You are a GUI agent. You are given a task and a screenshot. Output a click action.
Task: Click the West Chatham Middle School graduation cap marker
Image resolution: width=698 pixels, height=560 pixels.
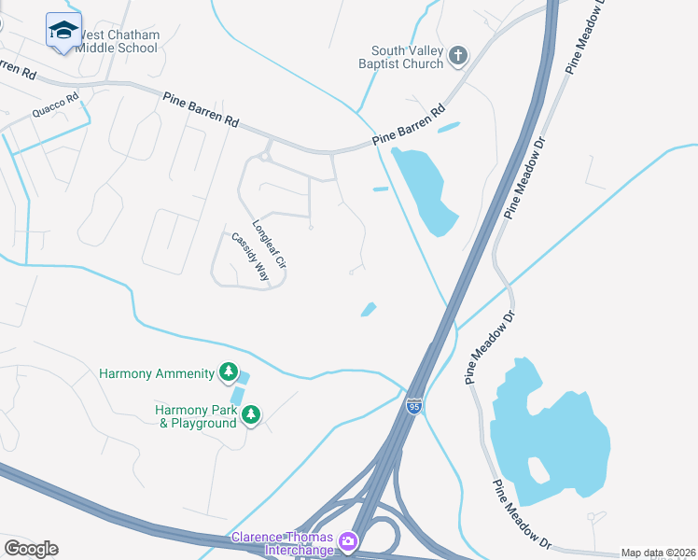tap(63, 31)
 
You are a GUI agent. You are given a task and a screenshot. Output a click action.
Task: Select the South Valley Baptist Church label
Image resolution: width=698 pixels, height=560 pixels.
tap(407, 58)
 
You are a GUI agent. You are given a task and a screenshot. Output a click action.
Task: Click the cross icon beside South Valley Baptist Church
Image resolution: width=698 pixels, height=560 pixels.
tap(457, 56)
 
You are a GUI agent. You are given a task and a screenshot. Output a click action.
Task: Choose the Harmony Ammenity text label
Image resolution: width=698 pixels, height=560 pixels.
tap(157, 374)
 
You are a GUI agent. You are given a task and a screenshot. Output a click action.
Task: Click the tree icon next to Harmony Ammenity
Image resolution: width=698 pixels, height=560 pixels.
tap(228, 373)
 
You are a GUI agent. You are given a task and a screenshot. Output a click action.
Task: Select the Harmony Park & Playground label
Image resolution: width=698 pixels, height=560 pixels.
tap(196, 416)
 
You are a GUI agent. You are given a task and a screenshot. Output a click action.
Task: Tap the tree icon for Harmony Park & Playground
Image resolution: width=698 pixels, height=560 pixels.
tap(250, 414)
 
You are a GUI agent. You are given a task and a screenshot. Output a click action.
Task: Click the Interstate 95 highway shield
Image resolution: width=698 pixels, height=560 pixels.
tap(414, 406)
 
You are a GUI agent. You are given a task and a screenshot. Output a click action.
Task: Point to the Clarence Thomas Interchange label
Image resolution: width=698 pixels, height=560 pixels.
tap(283, 544)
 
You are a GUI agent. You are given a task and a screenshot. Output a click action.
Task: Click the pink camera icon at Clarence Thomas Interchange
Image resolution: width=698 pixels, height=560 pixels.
tap(348, 540)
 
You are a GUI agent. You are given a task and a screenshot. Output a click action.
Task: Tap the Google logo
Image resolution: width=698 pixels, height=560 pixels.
tap(31, 549)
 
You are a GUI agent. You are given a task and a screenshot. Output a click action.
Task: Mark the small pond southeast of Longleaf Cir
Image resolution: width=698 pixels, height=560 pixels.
tap(369, 309)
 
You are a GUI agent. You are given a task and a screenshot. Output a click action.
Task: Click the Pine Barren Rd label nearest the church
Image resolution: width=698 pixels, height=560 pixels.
tap(410, 125)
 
